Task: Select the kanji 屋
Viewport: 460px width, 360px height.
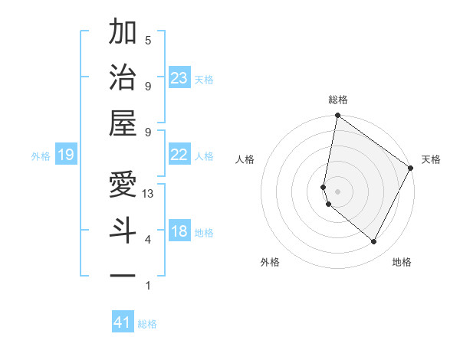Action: pyautogui.click(x=123, y=122)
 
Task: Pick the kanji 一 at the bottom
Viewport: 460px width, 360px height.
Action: pyautogui.click(x=123, y=274)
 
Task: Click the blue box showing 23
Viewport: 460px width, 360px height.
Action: pyautogui.click(x=179, y=77)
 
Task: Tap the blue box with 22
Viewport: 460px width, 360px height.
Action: pyautogui.click(x=179, y=155)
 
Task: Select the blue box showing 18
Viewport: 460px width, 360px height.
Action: pyautogui.click(x=179, y=231)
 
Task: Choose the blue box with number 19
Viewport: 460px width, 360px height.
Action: pyautogui.click(x=65, y=155)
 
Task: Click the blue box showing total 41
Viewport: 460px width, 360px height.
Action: pyautogui.click(x=123, y=322)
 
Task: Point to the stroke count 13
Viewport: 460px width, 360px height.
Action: pyautogui.click(x=149, y=193)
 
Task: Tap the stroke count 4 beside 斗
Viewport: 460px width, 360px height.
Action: pyautogui.click(x=148, y=240)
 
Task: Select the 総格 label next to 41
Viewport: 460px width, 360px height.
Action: pyautogui.click(x=147, y=324)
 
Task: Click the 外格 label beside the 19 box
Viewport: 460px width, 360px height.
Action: pyautogui.click(x=41, y=156)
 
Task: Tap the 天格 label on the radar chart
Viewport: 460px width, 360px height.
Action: pyautogui.click(x=431, y=159)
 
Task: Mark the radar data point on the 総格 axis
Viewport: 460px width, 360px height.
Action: pyautogui.click(x=337, y=116)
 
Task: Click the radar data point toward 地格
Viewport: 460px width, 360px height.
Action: pyautogui.click(x=374, y=242)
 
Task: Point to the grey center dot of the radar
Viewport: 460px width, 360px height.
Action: pyautogui.click(x=337, y=191)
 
